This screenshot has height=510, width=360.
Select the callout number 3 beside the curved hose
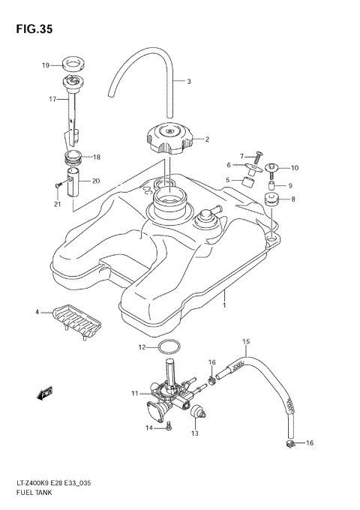coord(188,82)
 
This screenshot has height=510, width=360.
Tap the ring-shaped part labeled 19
coord(74,65)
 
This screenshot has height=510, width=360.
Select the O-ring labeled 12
coord(169,347)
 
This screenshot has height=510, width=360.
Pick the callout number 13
coord(195,433)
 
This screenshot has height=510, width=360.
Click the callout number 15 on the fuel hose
coord(246,342)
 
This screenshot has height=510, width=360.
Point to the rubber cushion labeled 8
coord(271,199)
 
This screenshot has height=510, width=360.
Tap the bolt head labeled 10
coord(272,168)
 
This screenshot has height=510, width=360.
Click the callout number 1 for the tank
coord(223,306)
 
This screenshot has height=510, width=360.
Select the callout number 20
coord(95,181)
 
